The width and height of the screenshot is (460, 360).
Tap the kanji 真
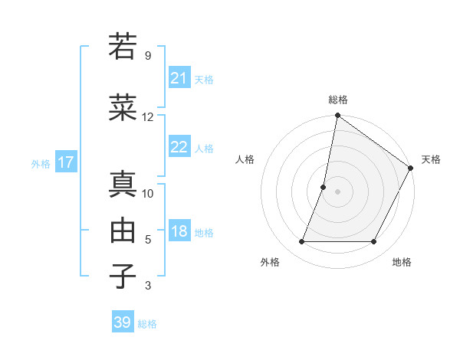pos(123,184)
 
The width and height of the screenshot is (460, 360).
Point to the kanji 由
pos(123,230)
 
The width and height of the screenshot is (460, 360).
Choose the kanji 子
pos(123,276)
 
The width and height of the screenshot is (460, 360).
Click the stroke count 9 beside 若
pos(147,56)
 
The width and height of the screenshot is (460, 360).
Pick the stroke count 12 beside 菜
pos(148,117)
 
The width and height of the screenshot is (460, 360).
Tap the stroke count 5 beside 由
pos(148,240)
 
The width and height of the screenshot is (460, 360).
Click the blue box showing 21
pos(179,78)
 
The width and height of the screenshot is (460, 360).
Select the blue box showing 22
pos(179,147)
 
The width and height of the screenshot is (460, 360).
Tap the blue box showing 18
pos(179,232)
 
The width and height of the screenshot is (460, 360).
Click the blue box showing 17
pos(65,162)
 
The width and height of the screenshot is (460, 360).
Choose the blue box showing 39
pos(122,322)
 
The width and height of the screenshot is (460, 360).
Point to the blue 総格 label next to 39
pos(147,324)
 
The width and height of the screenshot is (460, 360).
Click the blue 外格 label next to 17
pos(41,163)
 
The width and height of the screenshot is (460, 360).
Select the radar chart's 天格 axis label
pos(431,159)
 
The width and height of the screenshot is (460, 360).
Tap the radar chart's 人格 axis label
pos(245,159)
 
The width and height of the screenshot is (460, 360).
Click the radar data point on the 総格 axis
pos(337,116)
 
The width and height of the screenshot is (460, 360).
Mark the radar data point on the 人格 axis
pos(324,187)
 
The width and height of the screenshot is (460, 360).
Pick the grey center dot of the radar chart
pos(337,191)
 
